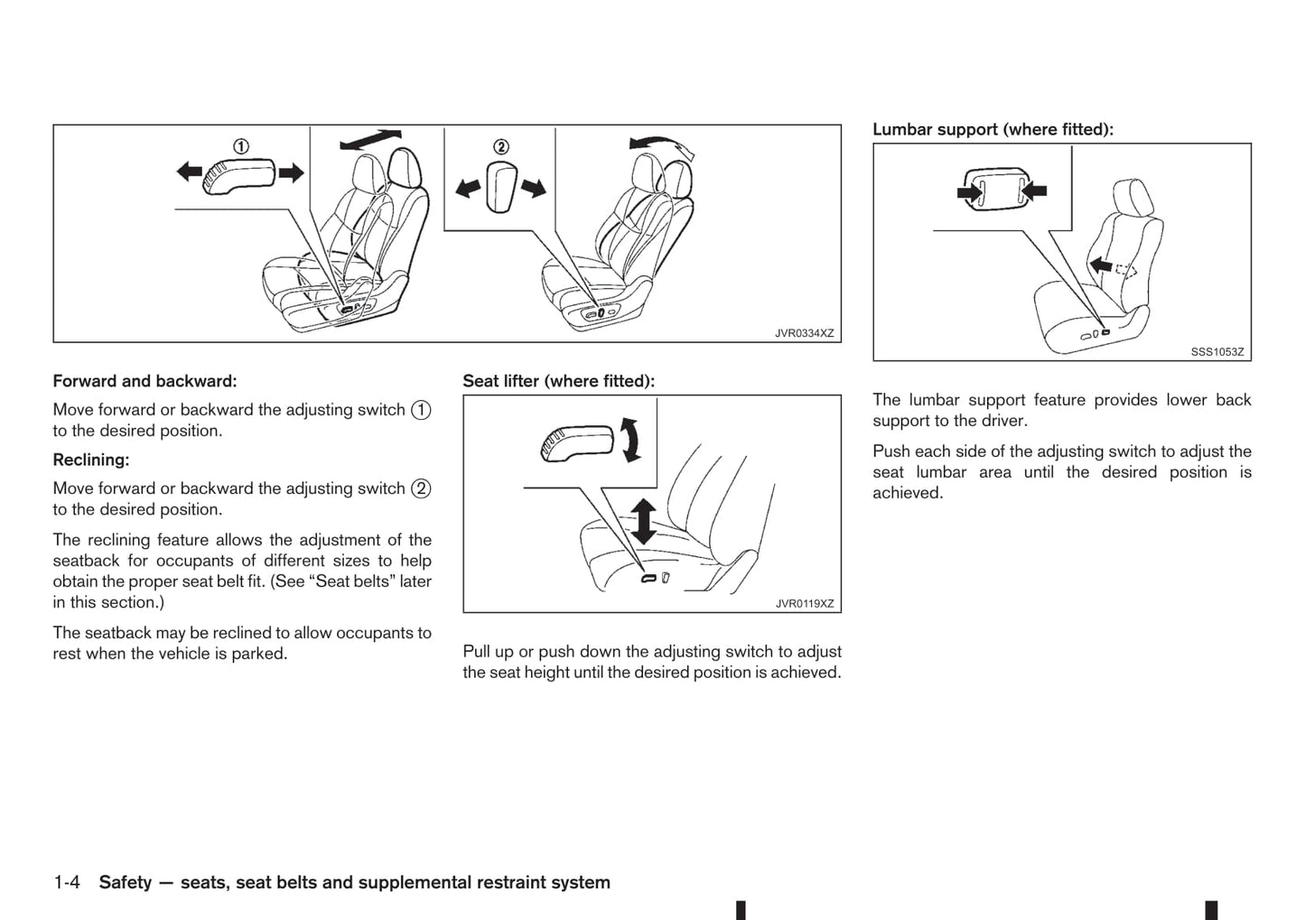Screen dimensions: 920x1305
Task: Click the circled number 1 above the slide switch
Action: (241, 146)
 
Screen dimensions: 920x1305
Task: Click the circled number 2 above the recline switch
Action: (500, 147)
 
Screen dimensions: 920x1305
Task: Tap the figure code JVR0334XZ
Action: (804, 333)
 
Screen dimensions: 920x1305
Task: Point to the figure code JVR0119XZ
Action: (804, 604)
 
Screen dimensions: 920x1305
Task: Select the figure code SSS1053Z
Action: (1216, 352)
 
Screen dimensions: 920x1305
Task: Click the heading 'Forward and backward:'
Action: (144, 381)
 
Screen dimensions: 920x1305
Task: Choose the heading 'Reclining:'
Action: (91, 460)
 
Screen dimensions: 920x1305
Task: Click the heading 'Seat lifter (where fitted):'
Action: (558, 381)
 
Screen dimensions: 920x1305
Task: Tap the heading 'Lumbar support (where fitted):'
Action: (993, 129)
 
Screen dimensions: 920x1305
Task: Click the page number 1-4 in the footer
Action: (67, 882)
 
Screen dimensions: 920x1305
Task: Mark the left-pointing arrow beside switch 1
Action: (189, 171)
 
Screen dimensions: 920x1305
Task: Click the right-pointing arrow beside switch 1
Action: (292, 172)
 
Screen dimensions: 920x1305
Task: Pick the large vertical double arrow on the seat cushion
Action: (643, 521)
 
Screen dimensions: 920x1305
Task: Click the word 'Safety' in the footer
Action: (125, 882)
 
